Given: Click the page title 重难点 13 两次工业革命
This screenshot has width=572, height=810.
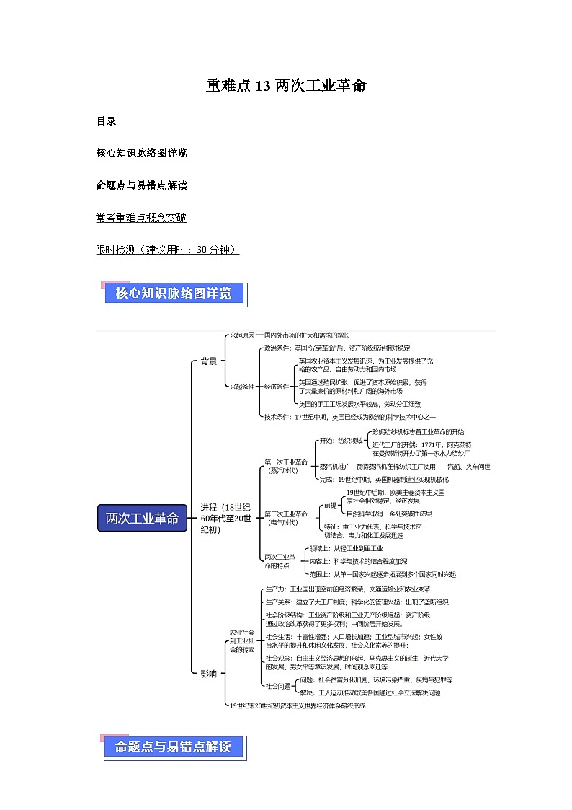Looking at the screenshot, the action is pos(286,87).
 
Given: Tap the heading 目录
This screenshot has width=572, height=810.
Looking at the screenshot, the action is pos(106,121).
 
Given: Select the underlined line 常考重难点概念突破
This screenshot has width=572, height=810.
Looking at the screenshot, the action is pos(141,217).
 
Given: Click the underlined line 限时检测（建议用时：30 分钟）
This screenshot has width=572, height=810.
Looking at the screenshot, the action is pos(167,250).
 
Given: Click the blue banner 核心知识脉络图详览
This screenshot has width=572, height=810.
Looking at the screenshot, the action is pos(174,294).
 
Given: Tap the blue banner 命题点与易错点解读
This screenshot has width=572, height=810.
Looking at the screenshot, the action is pos(174,747).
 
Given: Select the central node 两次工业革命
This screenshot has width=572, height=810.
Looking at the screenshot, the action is pos(142,519).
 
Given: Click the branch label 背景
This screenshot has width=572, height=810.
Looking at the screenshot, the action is pos(208,361).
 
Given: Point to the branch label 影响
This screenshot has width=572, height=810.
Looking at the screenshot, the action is pos(208,674).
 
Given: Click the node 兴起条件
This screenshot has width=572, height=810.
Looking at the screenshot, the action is pos(241,387).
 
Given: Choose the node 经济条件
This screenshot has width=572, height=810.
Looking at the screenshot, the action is pos(277,387).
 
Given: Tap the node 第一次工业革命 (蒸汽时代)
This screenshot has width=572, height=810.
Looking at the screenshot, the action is pos(286,465).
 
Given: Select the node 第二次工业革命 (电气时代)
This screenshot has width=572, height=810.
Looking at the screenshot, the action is pos(286,518).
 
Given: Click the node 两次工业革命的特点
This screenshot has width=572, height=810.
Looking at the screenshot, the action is pos(280,560).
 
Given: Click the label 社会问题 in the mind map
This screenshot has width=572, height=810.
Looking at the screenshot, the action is pos(277,686).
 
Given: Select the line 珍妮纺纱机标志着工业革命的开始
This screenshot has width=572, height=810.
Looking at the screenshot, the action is pos(413,431).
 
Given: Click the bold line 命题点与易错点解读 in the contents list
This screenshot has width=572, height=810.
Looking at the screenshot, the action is pos(141,185).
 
